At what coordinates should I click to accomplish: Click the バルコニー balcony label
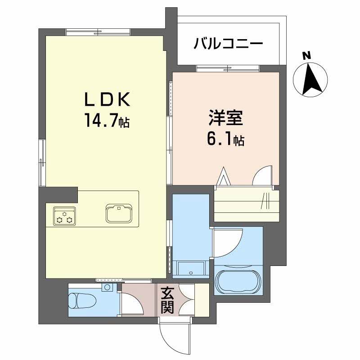pyautogui.click(x=228, y=45)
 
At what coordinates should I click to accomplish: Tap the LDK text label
pyautogui.click(x=108, y=100)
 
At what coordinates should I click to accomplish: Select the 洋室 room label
pyautogui.click(x=225, y=118)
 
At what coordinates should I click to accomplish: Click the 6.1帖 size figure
pyautogui.click(x=225, y=140)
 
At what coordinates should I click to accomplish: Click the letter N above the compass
pyautogui.click(x=307, y=56)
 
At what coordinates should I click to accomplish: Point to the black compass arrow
pyautogui.click(x=310, y=79)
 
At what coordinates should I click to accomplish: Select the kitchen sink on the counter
pyautogui.click(x=120, y=213)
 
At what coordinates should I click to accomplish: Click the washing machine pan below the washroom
pyautogui.click(x=190, y=270)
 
